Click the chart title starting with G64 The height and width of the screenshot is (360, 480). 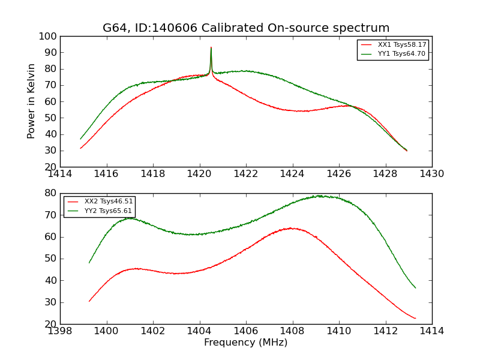pyautogui.click(x=246, y=28)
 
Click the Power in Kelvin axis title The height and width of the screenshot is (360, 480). pyautogui.click(x=32, y=101)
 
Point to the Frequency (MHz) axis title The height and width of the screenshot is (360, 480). pyautogui.click(x=246, y=343)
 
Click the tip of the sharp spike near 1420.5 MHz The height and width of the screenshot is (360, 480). pyautogui.click(x=211, y=47)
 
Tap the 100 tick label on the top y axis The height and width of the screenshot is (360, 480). pyautogui.click(x=49, y=37)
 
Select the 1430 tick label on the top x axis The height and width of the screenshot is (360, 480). pyautogui.click(x=432, y=174)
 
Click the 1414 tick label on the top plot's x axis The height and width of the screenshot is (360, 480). pyautogui.click(x=61, y=174)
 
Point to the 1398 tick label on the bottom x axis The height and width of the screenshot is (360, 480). pyautogui.click(x=61, y=331)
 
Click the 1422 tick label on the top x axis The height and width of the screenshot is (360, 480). pyautogui.click(x=246, y=174)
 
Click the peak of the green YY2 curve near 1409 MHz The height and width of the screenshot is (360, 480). pyautogui.click(x=320, y=196)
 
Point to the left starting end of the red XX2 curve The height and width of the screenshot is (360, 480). pyautogui.click(x=89, y=301)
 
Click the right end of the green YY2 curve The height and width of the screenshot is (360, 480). pyautogui.click(x=415, y=288)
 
